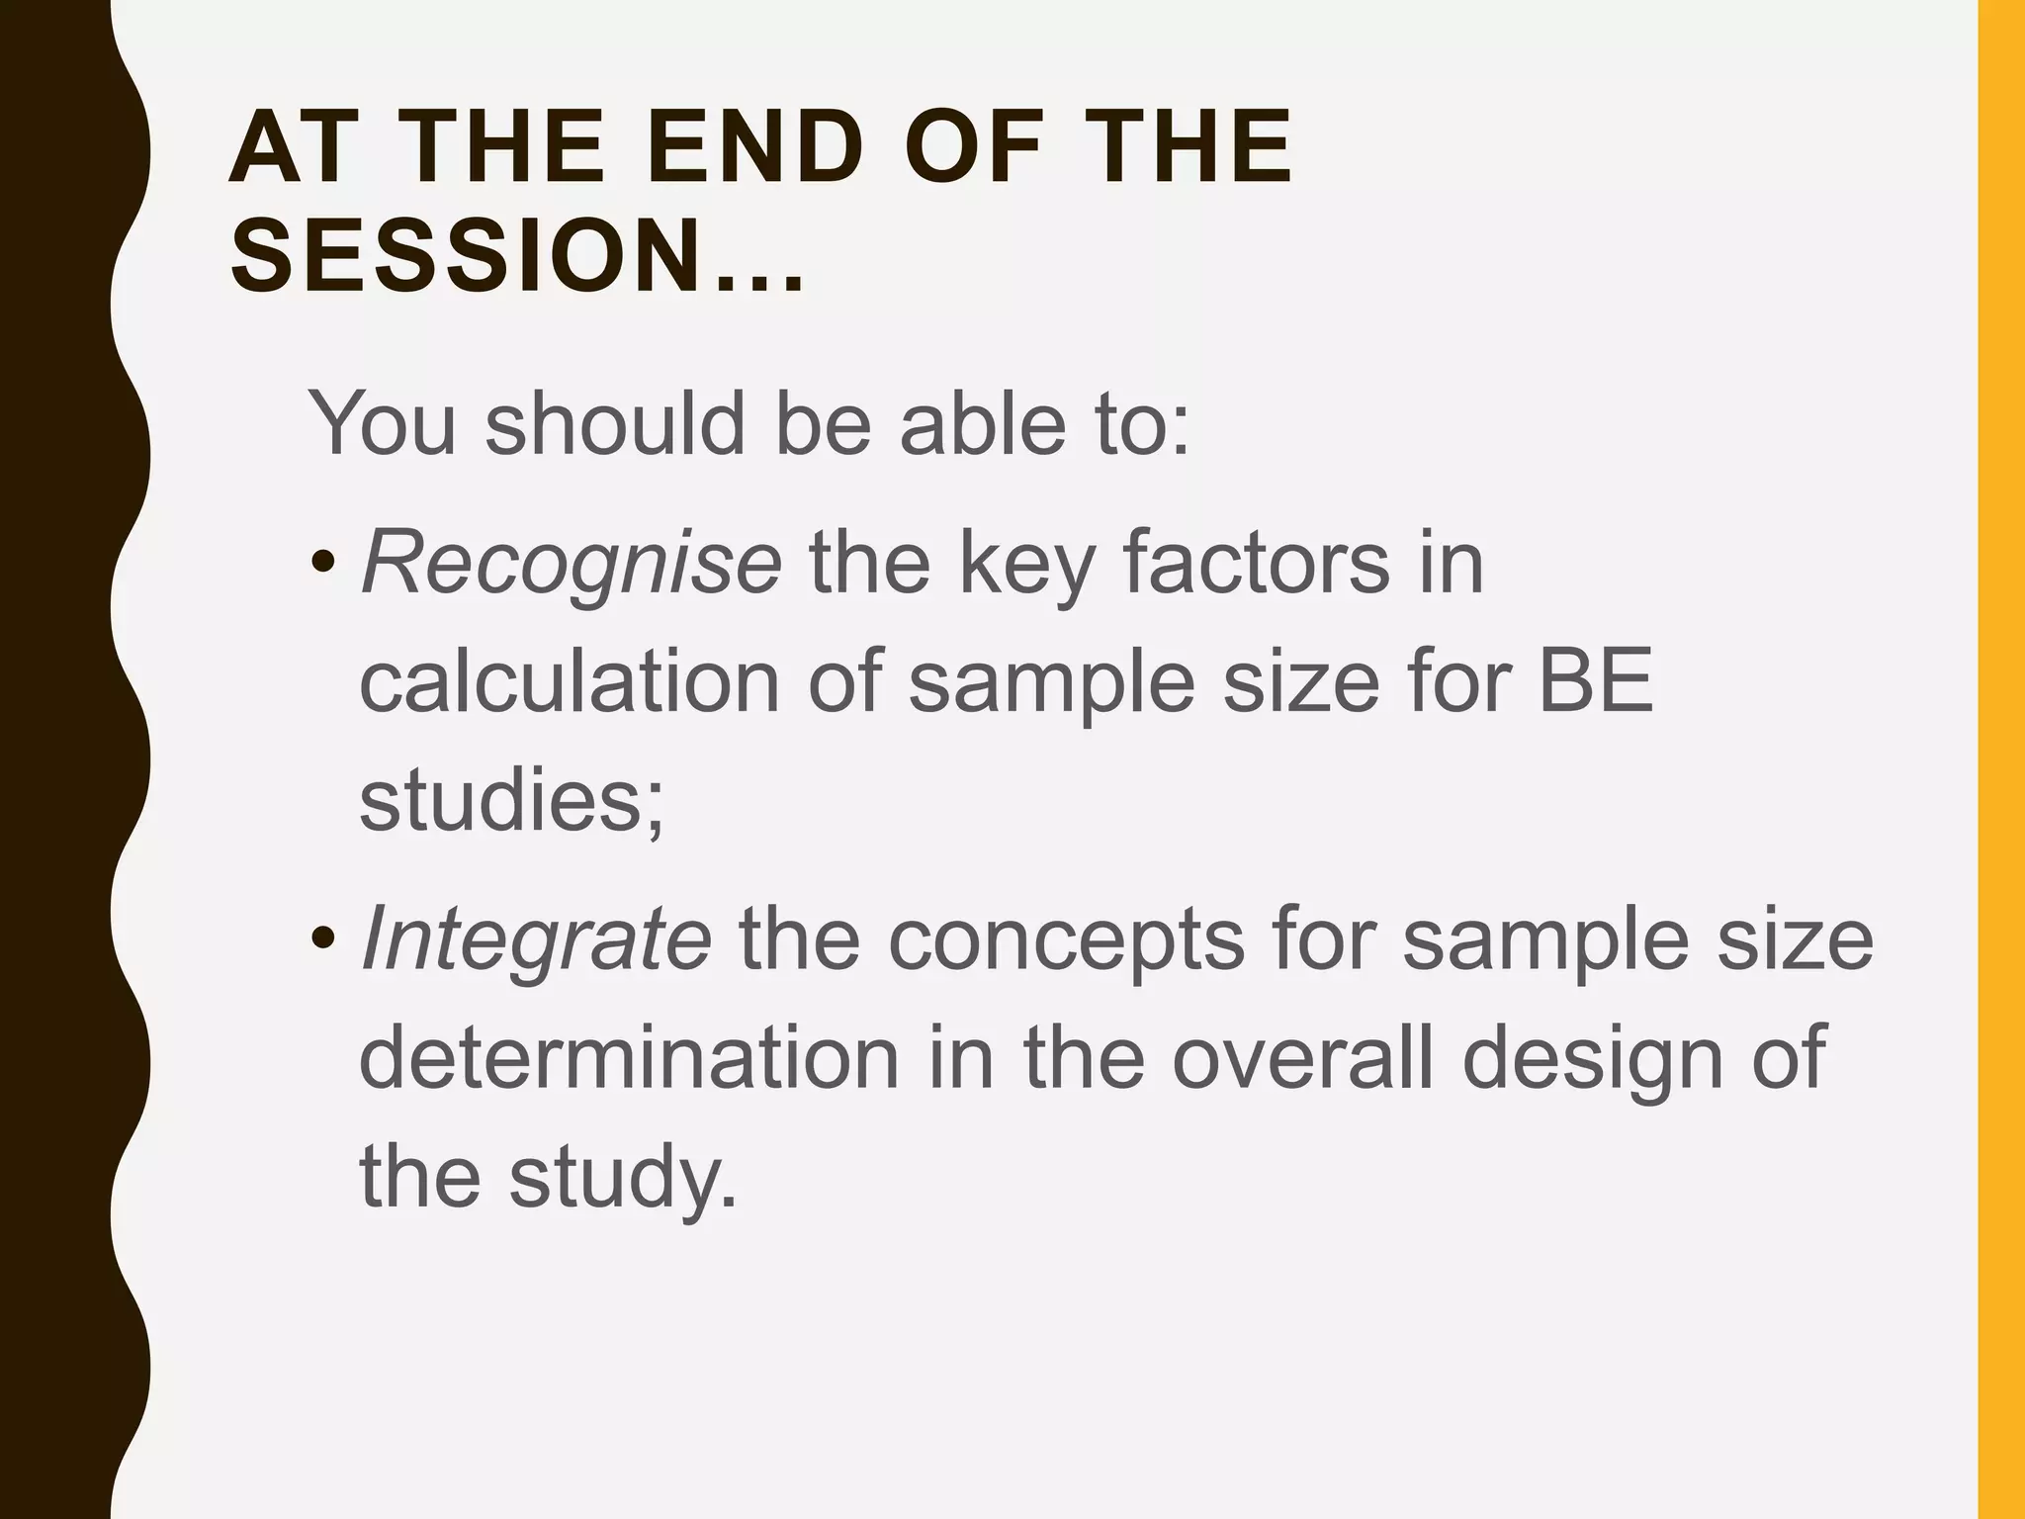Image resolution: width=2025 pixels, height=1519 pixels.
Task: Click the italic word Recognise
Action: coord(572,564)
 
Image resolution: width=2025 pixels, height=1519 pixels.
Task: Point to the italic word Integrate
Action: coord(536,939)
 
